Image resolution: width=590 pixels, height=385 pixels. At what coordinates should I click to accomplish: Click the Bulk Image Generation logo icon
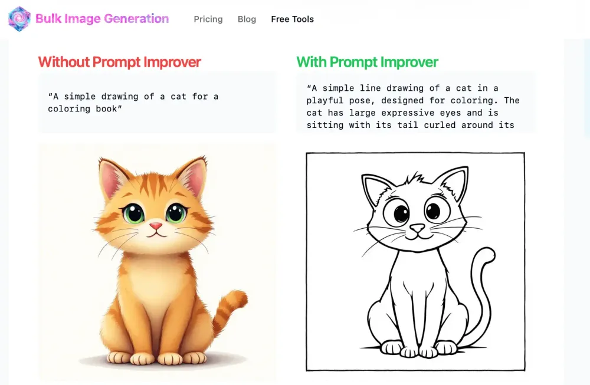(19, 19)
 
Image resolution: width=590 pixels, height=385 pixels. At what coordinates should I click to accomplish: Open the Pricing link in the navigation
(208, 19)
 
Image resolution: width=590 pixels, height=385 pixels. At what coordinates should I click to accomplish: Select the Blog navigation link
(247, 19)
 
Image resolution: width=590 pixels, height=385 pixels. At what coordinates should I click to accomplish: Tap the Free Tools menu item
(292, 19)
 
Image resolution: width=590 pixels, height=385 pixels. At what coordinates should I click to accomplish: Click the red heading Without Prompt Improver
(119, 62)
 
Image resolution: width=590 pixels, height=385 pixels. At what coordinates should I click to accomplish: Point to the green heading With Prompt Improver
(367, 62)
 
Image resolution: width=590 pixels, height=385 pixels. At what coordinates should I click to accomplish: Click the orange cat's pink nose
(156, 226)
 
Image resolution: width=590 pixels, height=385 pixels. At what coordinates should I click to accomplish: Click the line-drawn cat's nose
(417, 228)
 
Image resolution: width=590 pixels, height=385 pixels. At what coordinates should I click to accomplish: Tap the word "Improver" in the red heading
(172, 62)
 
